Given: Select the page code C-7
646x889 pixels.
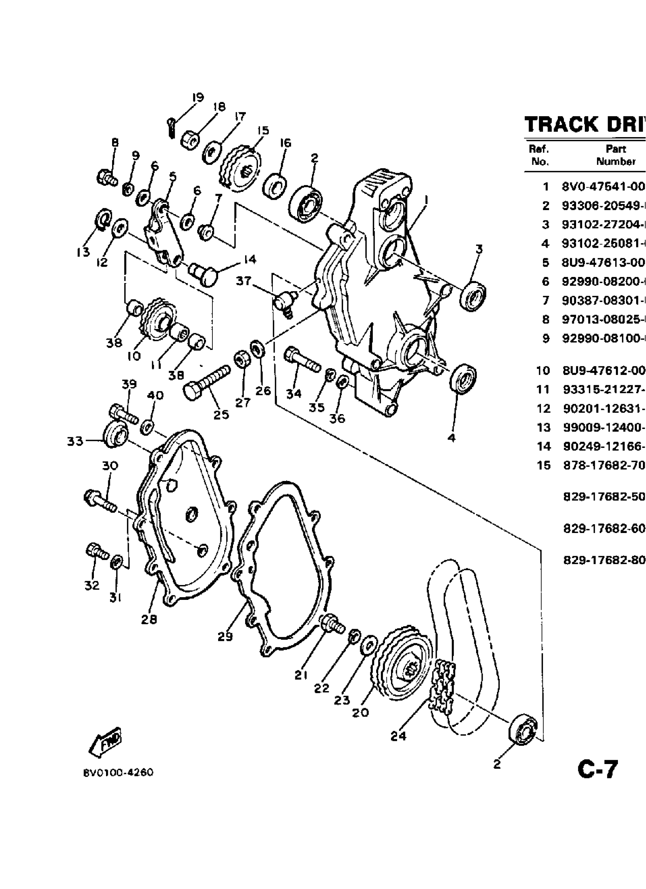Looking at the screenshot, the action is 597,769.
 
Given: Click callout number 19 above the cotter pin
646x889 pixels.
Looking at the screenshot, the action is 198,97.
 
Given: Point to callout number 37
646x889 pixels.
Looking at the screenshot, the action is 243,281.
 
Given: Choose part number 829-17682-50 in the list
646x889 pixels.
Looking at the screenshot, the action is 604,497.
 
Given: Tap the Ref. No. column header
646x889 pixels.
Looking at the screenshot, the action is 539,155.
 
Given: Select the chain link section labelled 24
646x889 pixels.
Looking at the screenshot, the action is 442,682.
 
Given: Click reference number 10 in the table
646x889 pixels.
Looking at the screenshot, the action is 543,370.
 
